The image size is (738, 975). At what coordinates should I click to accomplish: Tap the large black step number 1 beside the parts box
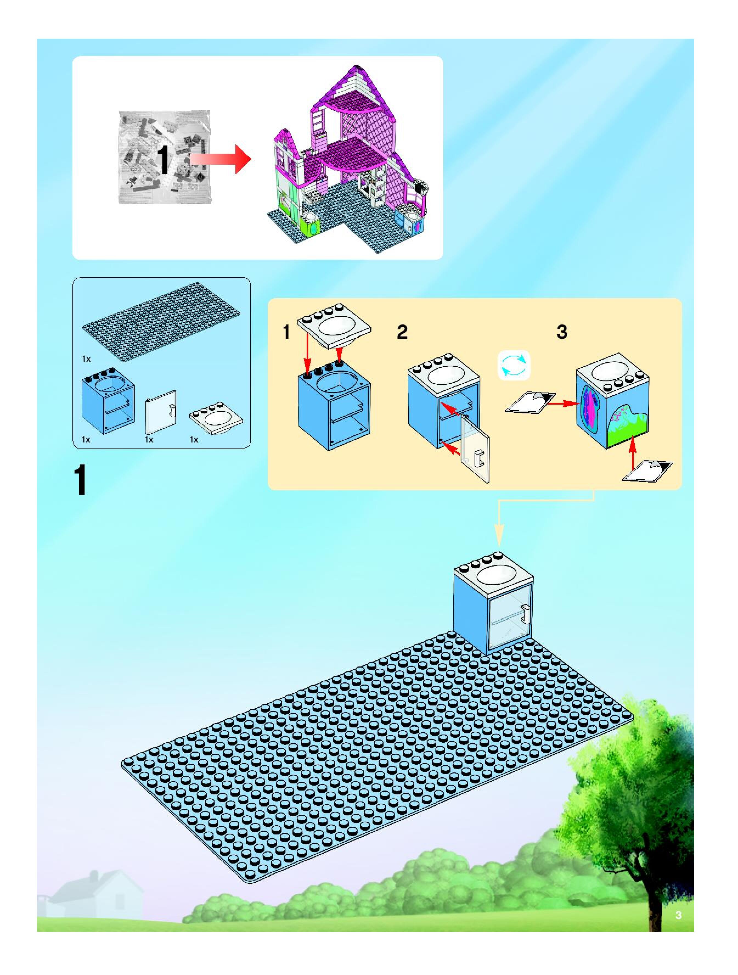pyautogui.click(x=80, y=481)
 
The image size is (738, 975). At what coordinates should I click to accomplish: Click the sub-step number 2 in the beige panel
pyautogui.click(x=402, y=332)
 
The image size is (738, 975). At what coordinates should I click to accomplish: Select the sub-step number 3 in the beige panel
pyautogui.click(x=562, y=332)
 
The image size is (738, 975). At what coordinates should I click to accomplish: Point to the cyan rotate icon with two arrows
pyautogui.click(x=514, y=365)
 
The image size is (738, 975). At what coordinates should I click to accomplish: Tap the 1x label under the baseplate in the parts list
pyautogui.click(x=86, y=359)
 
